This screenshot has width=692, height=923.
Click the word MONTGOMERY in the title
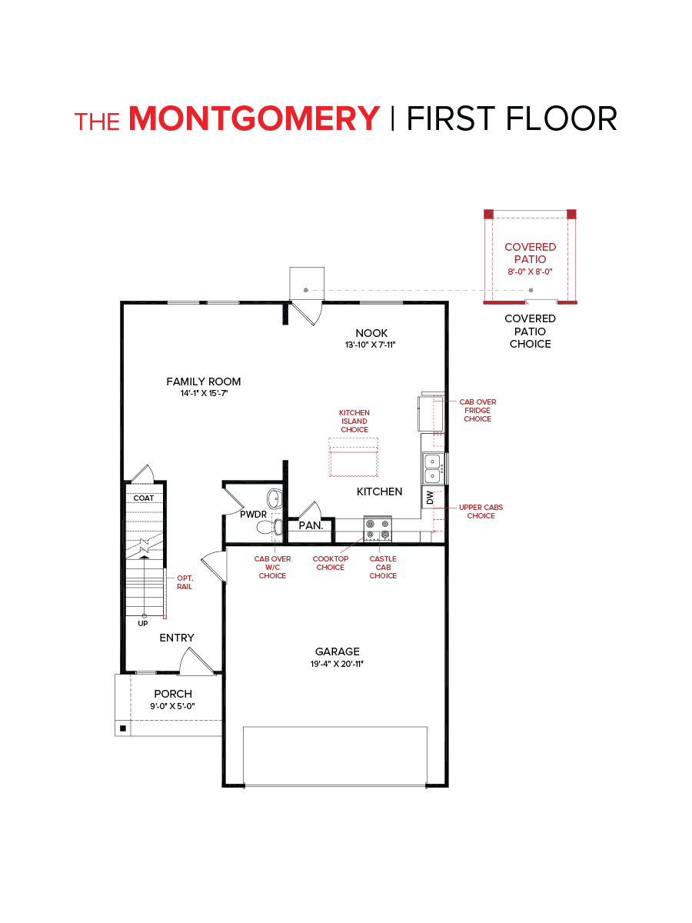pos(255,118)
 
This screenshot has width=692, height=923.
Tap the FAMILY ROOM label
pos(204,382)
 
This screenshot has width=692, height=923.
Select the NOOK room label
pos(371,333)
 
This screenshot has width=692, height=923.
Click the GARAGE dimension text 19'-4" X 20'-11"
pos(338,663)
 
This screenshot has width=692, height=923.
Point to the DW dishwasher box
pos(430,498)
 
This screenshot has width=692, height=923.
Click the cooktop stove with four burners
pos(378,528)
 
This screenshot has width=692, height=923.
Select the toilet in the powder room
pos(266,527)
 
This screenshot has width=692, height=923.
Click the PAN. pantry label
pos(311,526)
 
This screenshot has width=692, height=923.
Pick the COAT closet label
pos(144,498)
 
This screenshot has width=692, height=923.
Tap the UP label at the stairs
pos(143,623)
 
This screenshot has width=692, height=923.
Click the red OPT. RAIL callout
pos(185,581)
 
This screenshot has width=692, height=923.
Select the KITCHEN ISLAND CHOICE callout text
pos(354,421)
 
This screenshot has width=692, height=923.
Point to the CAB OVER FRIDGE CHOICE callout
pos(477,410)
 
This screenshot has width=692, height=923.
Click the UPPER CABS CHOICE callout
pos(481,511)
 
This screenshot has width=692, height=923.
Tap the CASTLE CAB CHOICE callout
pos(383,567)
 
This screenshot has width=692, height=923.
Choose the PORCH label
pos(173,694)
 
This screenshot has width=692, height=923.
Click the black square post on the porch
pos(122,727)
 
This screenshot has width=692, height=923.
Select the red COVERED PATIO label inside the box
pos(530,253)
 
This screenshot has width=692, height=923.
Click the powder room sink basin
pos(274,495)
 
